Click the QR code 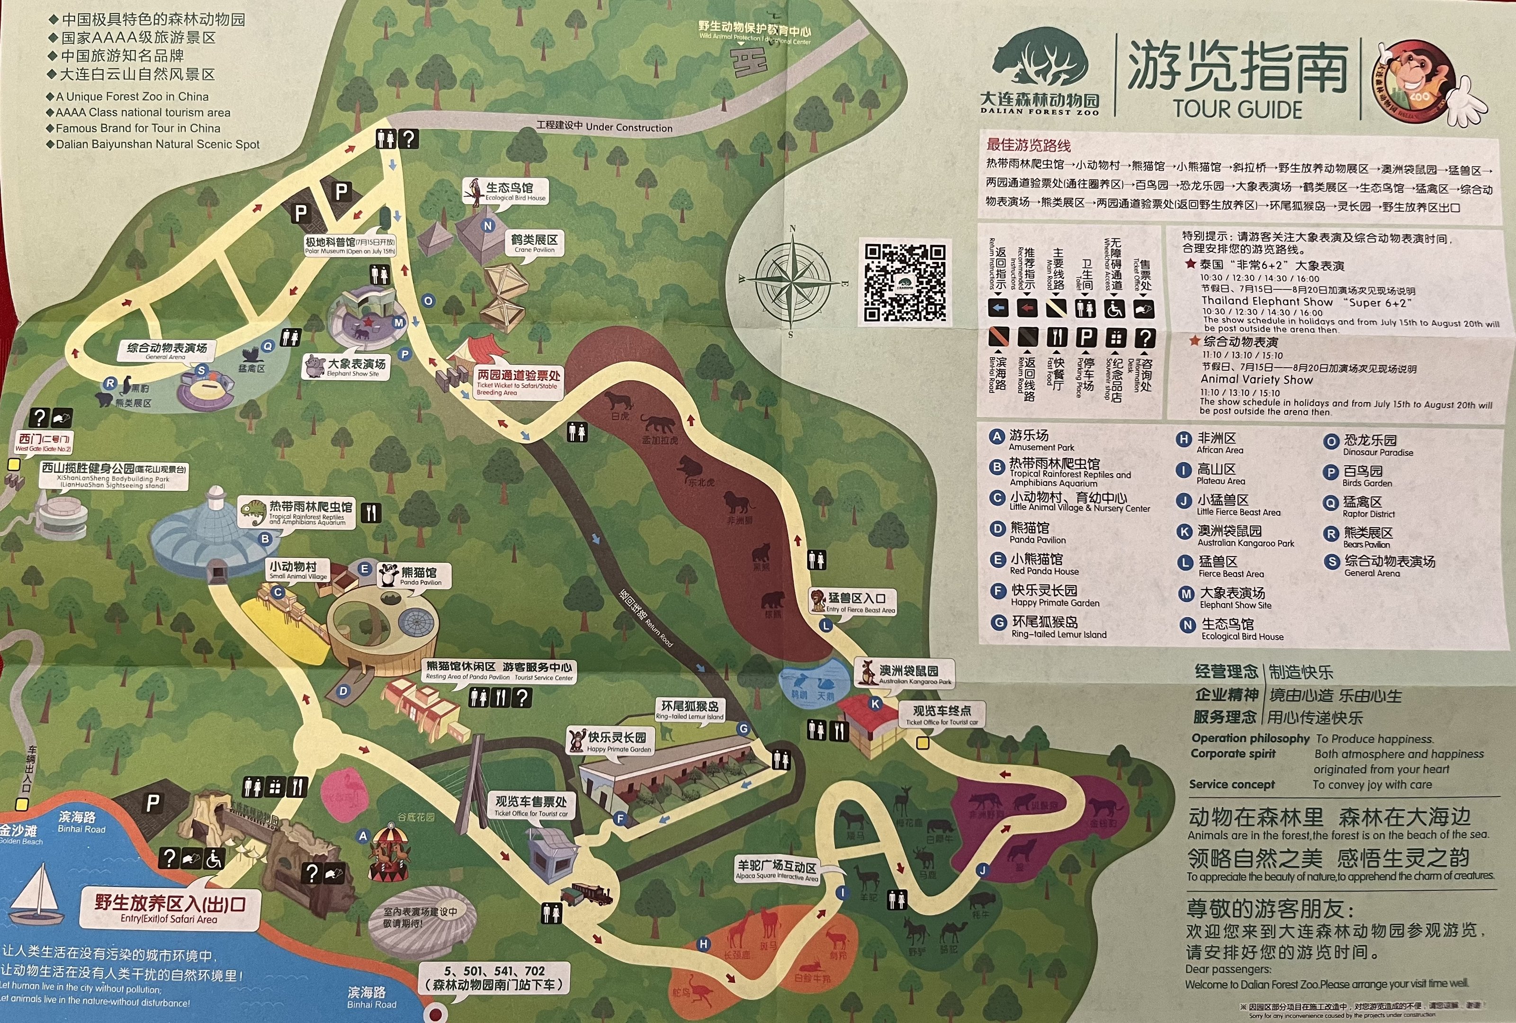pos(905,283)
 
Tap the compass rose pos(792,280)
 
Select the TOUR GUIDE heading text pos(1238,108)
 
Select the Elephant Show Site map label pos(356,368)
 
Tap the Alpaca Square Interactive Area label pos(776,870)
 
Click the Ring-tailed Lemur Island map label pos(690,710)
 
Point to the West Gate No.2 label pos(44,442)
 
